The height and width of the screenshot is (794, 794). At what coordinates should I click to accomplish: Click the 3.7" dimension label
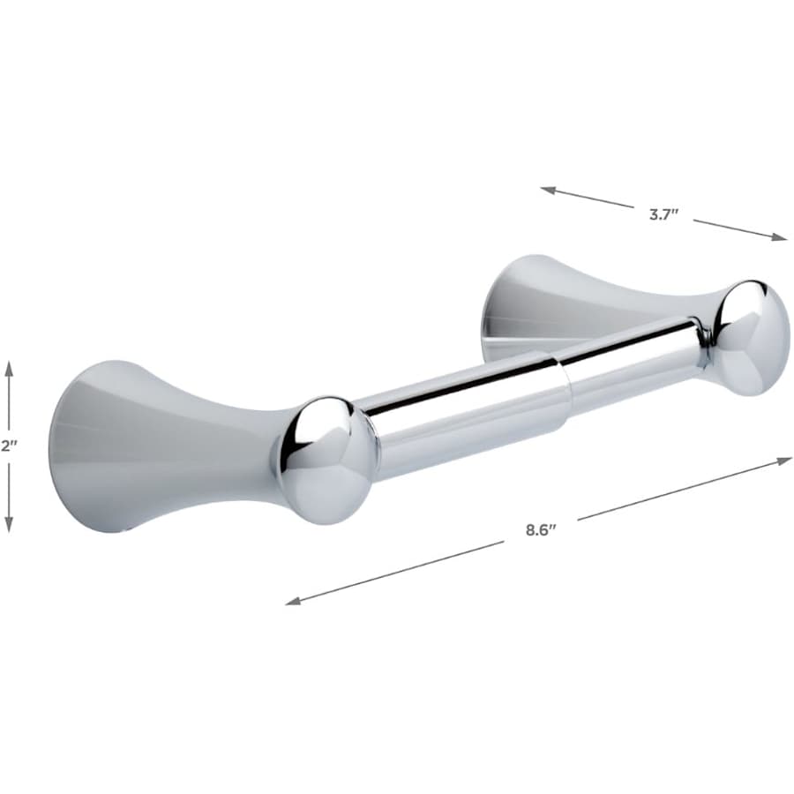pyautogui.click(x=663, y=214)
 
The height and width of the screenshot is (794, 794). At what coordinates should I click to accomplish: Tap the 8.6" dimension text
pyautogui.click(x=541, y=530)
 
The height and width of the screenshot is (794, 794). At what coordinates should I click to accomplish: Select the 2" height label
pyautogui.click(x=9, y=446)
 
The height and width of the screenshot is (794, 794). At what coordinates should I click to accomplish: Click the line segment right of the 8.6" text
pyautogui.click(x=679, y=489)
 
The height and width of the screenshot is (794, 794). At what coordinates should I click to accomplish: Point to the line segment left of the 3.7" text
pyautogui.click(x=591, y=199)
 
